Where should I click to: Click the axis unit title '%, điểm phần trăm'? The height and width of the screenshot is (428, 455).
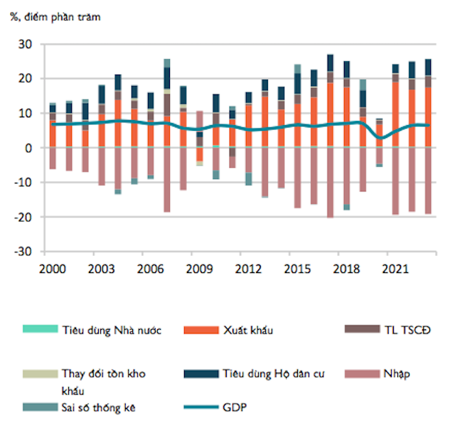(56, 16)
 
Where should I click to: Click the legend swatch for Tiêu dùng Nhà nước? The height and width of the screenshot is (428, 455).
(33, 330)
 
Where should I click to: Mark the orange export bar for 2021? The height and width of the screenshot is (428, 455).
(395, 114)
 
